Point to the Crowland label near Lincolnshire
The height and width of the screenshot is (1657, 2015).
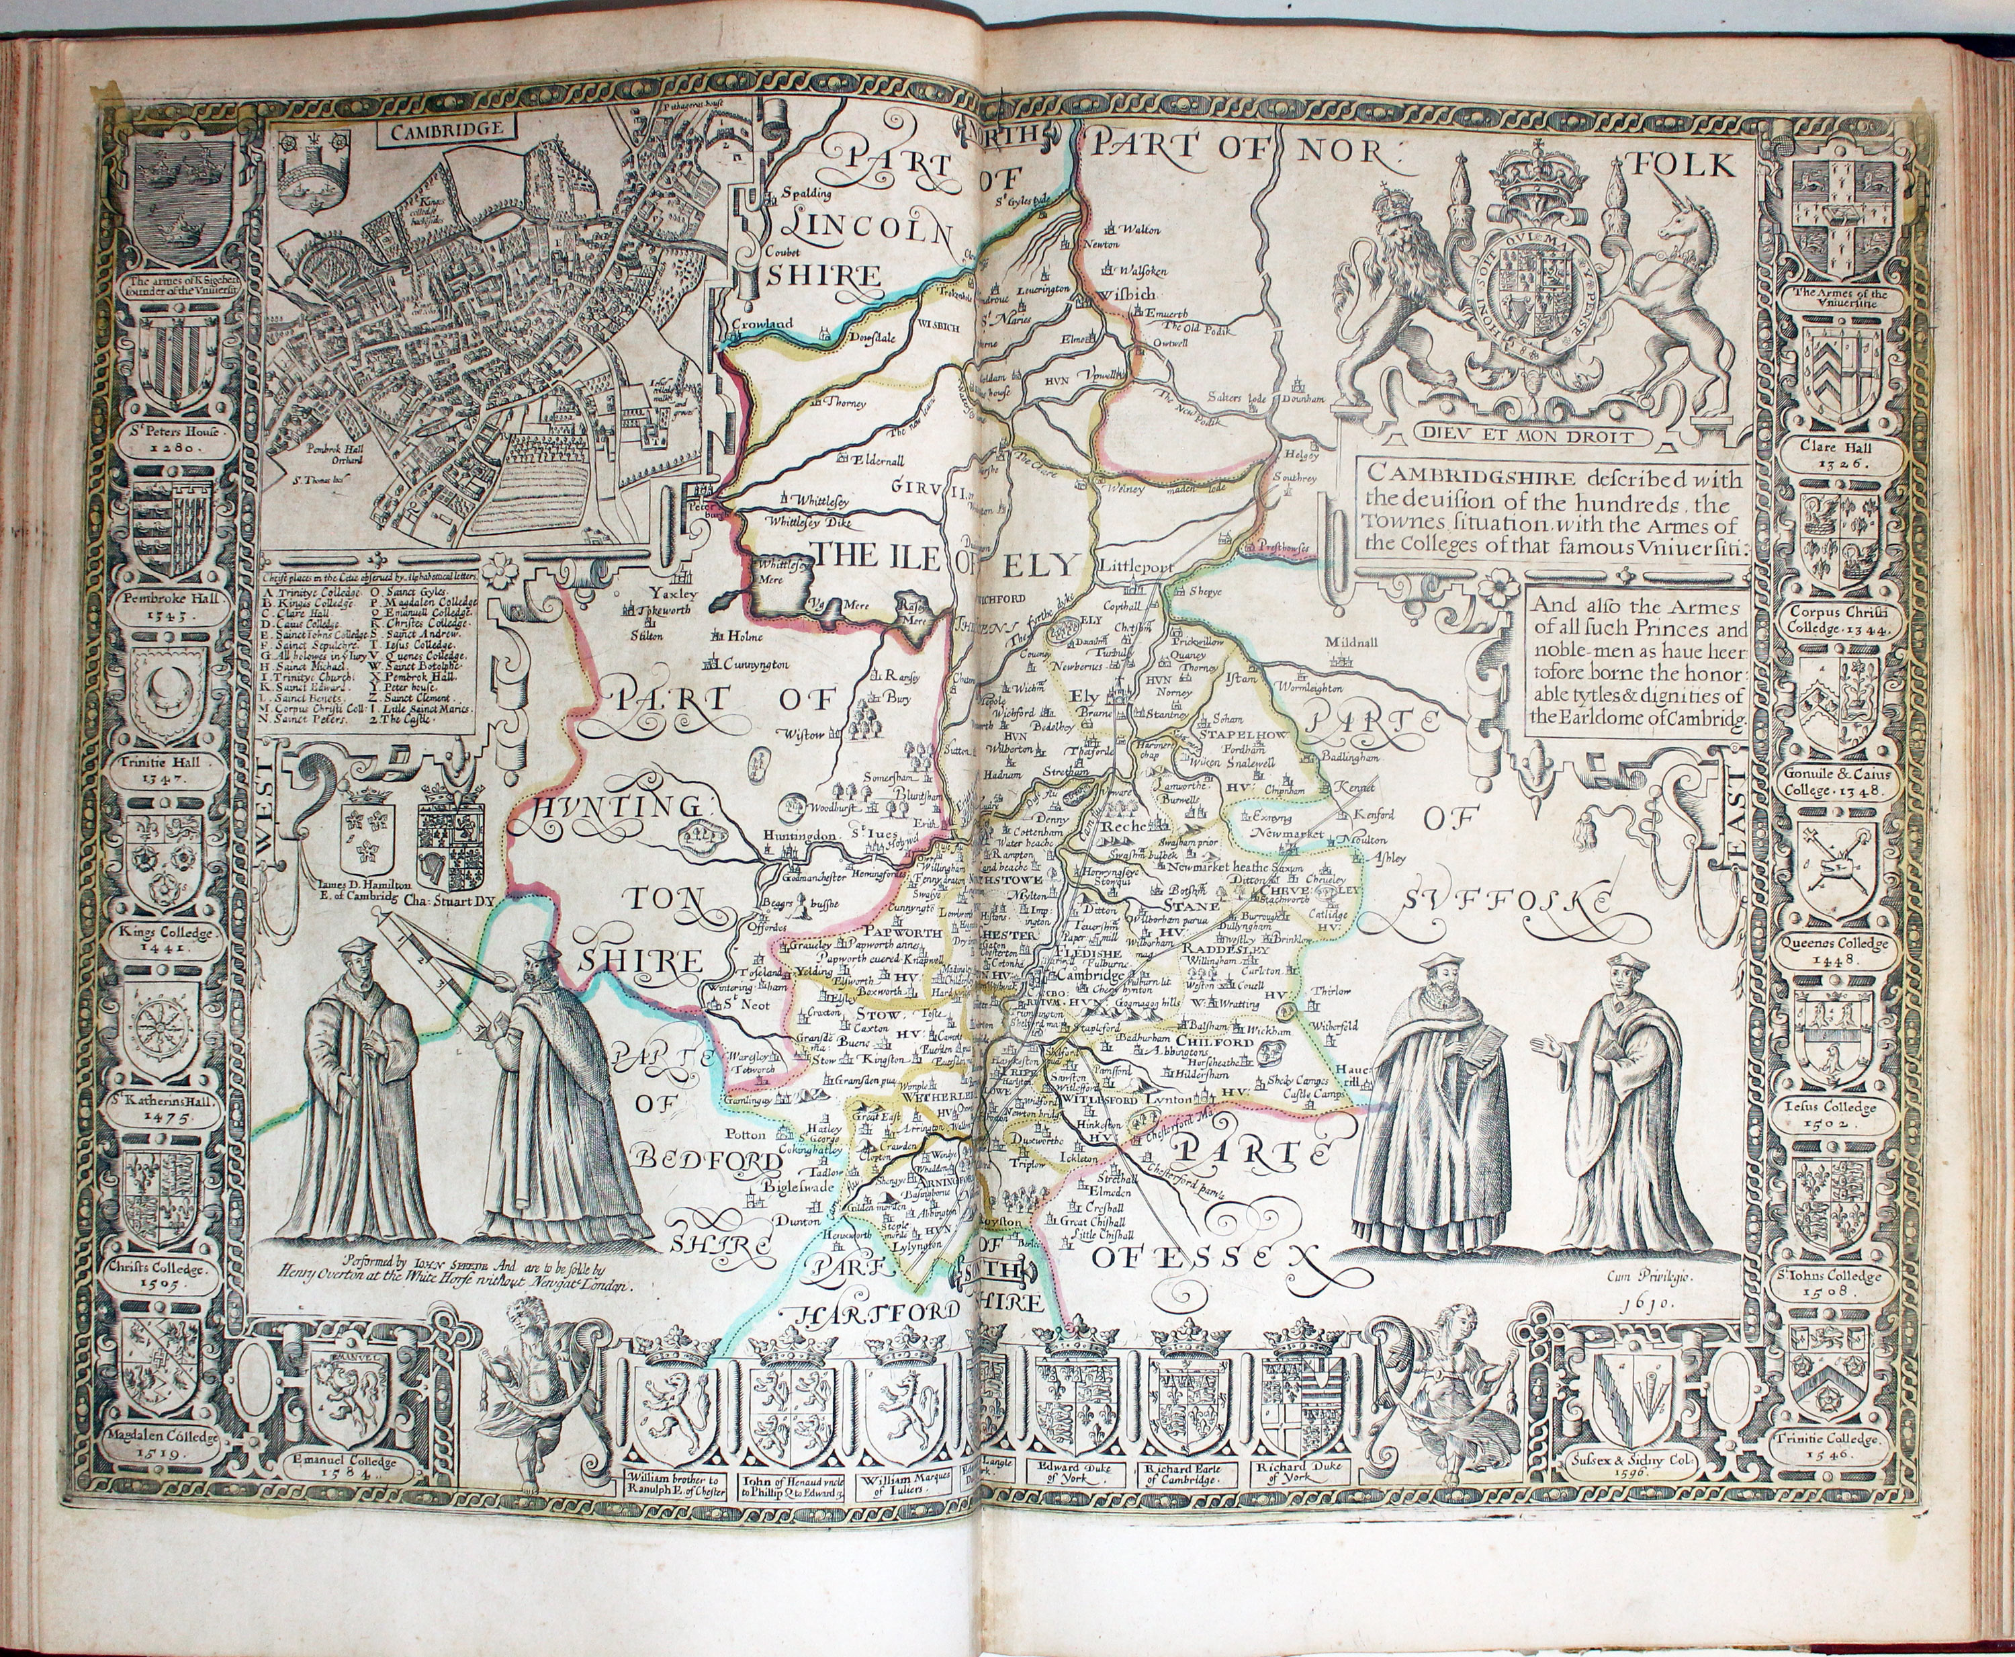tap(762, 324)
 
